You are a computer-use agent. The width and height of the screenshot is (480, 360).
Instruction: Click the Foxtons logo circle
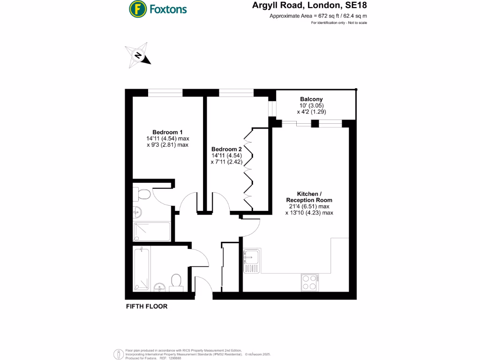tap(137, 8)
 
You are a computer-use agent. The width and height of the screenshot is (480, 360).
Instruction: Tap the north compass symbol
tap(138, 56)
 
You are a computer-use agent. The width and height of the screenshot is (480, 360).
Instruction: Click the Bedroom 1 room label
tap(167, 132)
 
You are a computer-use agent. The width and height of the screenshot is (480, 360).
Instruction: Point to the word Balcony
tap(311, 99)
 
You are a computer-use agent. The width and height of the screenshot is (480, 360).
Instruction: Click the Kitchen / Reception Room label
tap(309, 197)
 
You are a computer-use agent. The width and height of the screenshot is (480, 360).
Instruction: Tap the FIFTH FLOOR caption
tap(147, 307)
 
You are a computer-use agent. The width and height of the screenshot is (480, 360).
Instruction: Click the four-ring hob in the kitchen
tap(309, 282)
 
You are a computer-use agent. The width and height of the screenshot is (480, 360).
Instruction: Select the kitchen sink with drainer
tap(252, 261)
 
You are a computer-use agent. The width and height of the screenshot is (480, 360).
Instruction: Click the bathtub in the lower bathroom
tap(142, 270)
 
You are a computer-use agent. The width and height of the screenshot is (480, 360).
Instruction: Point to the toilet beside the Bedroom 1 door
tap(142, 194)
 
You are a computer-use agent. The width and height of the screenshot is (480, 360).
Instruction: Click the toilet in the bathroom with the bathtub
tap(176, 282)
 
